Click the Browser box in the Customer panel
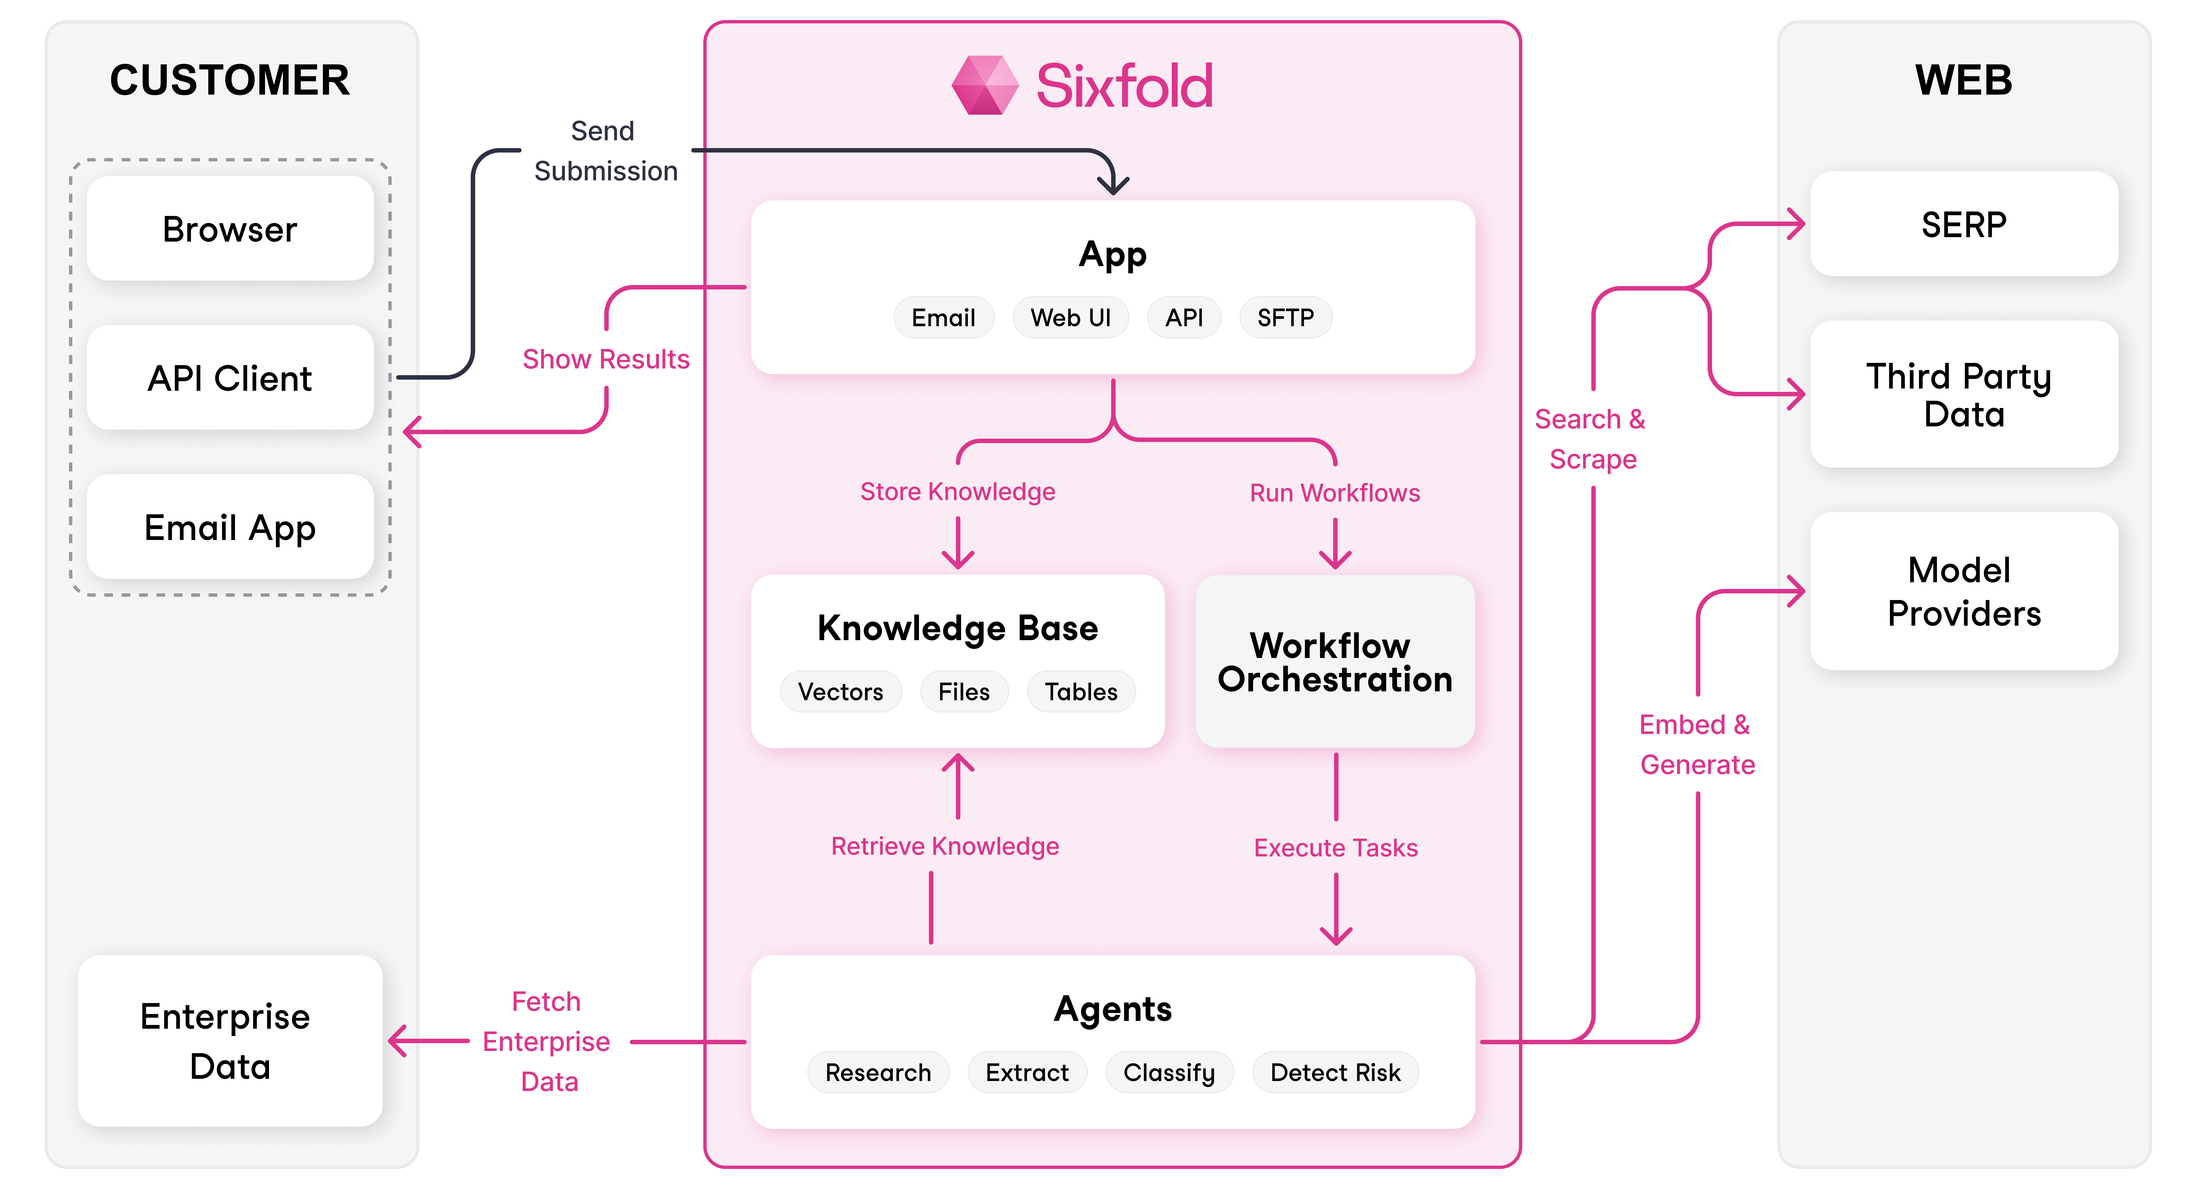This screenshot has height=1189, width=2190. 230,229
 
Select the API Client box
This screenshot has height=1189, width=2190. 230,378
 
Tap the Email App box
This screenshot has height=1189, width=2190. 230,527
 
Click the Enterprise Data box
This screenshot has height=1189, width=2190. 230,1041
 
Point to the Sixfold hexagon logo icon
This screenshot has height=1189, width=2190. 985,85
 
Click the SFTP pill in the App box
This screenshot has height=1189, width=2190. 1284,317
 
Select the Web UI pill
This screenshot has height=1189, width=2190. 1070,317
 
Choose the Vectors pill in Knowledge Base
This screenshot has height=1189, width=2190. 840,691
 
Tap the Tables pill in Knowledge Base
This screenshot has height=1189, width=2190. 1081,691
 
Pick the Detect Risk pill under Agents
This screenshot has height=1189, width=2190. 1335,1072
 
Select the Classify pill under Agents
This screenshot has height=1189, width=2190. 1169,1072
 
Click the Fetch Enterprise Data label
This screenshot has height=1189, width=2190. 547,1041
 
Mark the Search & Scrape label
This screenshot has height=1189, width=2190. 1591,439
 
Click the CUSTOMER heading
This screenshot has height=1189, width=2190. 230,80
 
